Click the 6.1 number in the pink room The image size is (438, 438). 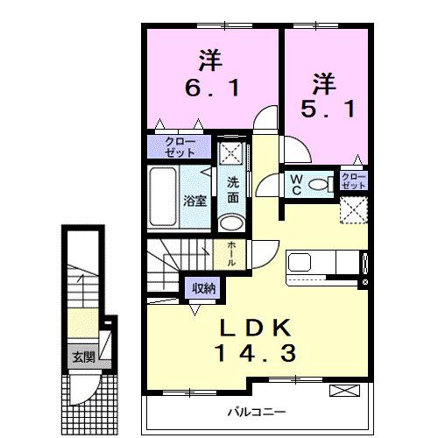(209, 88)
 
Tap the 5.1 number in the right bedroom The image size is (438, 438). (321, 109)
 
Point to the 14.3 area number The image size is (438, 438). (258, 354)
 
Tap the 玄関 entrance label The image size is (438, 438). (83, 357)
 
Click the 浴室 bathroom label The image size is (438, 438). (194, 200)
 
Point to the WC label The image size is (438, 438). (296, 184)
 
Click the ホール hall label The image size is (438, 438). (230, 252)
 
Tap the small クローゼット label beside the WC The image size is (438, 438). (353, 182)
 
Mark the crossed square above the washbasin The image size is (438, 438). (230, 152)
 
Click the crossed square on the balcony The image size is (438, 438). (344, 391)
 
